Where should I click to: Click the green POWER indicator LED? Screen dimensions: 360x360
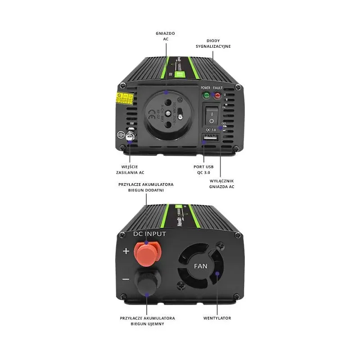[x=207, y=95]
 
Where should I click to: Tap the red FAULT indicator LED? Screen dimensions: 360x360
[x=218, y=95]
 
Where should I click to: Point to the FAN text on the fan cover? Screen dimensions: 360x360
[x=200, y=265]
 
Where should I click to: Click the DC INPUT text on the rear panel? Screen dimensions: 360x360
[x=150, y=234]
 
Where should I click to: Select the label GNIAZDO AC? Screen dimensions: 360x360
[x=165, y=36]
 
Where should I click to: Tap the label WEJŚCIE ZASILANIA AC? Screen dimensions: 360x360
[x=130, y=170]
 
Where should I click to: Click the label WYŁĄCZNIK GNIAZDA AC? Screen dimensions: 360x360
[x=222, y=184]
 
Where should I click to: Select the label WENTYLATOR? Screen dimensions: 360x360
[x=217, y=318]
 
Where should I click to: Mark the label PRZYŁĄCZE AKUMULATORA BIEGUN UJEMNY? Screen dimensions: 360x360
[x=148, y=321]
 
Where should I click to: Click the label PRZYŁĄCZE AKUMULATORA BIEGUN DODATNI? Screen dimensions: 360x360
[x=145, y=187]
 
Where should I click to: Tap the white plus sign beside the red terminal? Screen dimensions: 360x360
[x=126, y=251]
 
